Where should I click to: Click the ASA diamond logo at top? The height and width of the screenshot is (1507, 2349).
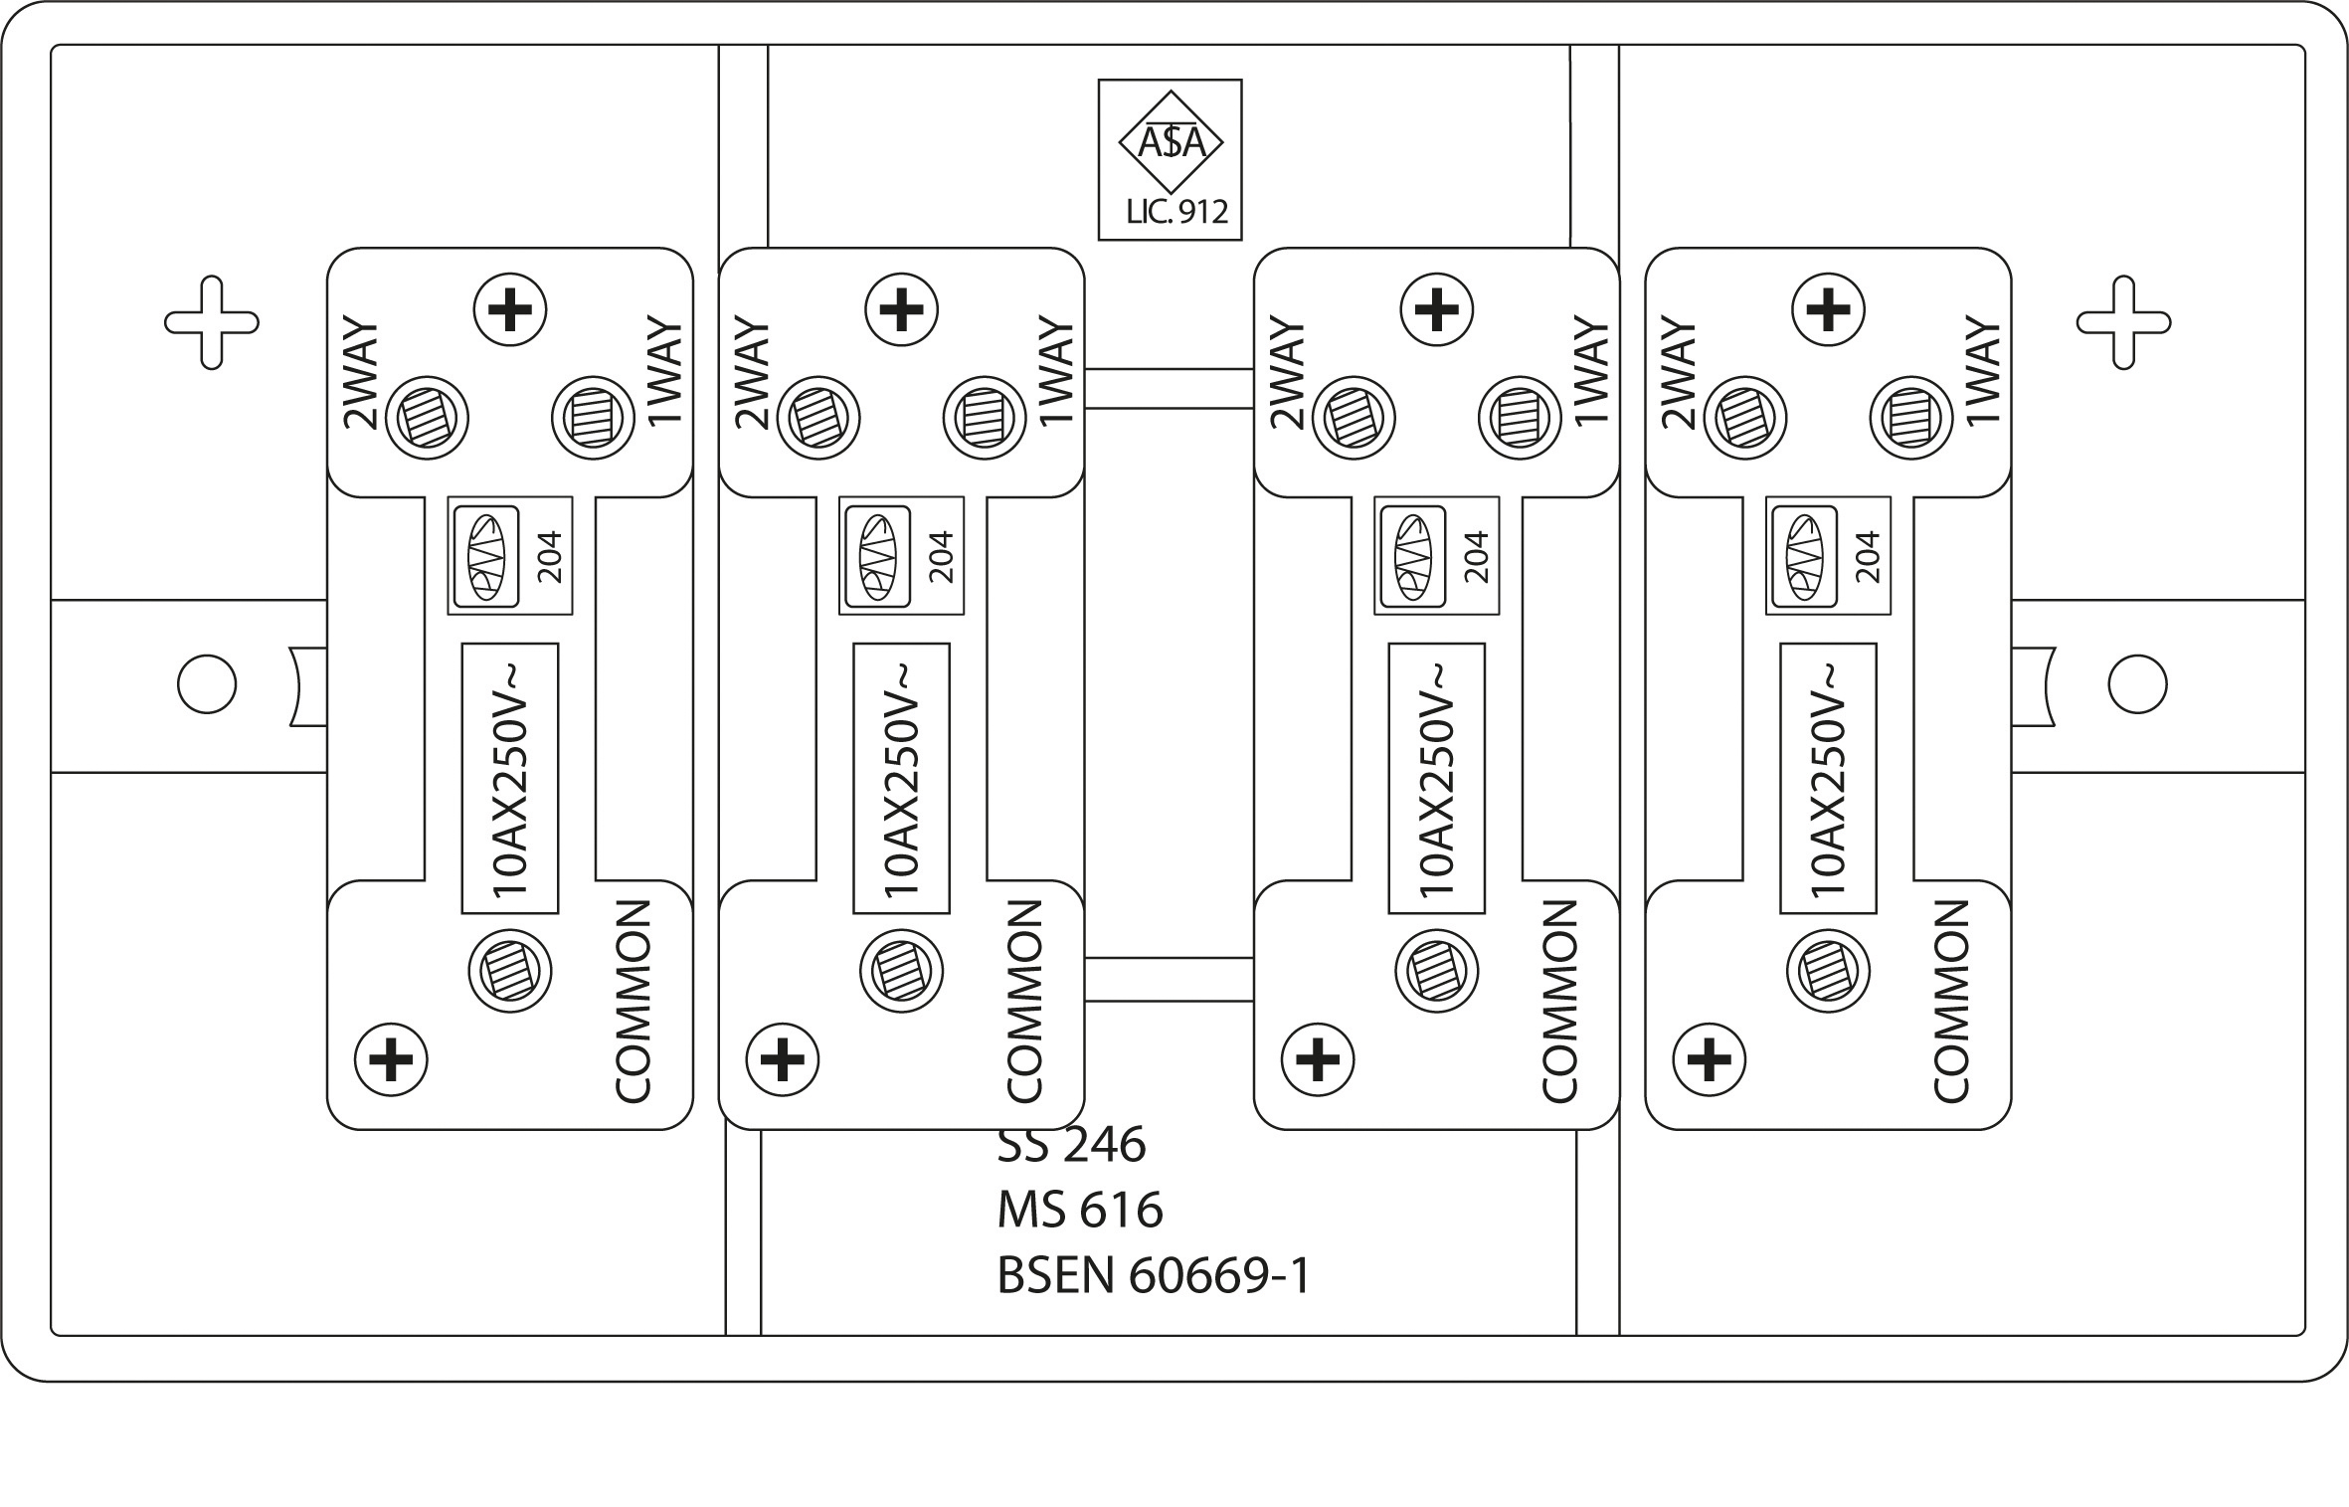(x=1171, y=142)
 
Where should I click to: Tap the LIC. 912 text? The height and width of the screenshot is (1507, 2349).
(x=1176, y=211)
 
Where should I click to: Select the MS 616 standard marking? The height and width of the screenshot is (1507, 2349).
(x=1079, y=1211)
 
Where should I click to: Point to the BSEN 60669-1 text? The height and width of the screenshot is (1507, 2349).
(x=1154, y=1276)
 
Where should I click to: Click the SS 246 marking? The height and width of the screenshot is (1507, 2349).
(x=1071, y=1145)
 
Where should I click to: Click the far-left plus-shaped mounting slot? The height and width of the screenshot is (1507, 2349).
(x=212, y=322)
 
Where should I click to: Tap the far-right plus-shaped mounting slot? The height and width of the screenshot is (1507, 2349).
(x=2123, y=322)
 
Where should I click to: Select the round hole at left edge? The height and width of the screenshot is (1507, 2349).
(x=207, y=684)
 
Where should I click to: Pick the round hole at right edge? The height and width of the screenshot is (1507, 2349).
(x=2137, y=684)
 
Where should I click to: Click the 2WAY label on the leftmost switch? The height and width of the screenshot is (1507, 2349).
(x=361, y=374)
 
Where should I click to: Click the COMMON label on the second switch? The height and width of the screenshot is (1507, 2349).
(x=1024, y=1002)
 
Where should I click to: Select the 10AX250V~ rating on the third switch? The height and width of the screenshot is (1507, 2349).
(x=1436, y=779)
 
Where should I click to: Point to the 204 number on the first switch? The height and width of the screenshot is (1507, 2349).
(x=549, y=557)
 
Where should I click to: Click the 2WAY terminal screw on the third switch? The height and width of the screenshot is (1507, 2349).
(x=1353, y=418)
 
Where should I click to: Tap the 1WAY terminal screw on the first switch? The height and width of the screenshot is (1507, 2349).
(x=593, y=418)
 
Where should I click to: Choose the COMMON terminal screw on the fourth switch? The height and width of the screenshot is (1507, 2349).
(x=1828, y=971)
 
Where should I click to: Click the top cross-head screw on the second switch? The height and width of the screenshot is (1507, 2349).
(x=902, y=310)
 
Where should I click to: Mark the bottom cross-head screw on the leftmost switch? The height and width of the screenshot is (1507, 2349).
(x=392, y=1059)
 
